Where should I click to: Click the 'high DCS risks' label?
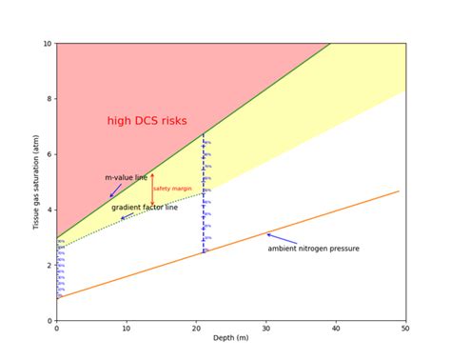click(x=147, y=121)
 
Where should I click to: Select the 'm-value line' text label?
click(x=126, y=177)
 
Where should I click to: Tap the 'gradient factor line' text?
click(x=145, y=208)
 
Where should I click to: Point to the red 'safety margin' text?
click(x=172, y=189)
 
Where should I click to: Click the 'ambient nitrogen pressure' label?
click(x=313, y=249)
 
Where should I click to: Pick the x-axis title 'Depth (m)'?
click(x=231, y=340)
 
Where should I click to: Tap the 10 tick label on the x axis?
click(x=127, y=329)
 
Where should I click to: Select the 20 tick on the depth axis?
click(x=196, y=329)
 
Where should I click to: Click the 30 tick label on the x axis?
click(x=266, y=329)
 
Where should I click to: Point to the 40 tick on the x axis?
click(x=336, y=329)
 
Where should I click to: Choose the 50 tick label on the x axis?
click(x=405, y=329)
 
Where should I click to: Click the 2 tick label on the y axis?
click(x=49, y=266)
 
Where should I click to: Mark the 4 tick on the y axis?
click(x=49, y=210)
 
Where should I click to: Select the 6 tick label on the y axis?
click(x=49, y=154)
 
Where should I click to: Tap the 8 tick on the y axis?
click(x=49, y=99)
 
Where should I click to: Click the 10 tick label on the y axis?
click(x=47, y=44)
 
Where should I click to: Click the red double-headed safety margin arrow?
click(x=152, y=188)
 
